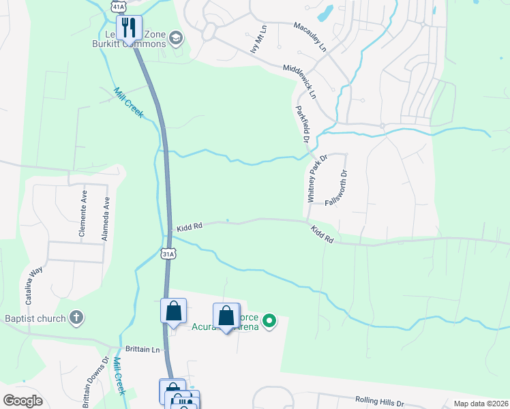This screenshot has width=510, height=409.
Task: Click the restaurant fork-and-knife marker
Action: pos(128,28)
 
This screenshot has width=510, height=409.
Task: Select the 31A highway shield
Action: pos(169,254)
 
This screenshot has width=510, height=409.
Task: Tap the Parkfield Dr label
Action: pos(302,123)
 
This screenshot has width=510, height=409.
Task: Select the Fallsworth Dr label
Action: pos(337,188)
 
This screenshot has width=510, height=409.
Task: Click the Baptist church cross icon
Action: pos(76,318)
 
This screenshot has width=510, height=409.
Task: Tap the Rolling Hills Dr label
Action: pos(380,402)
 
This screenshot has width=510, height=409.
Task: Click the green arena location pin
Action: pos(269,320)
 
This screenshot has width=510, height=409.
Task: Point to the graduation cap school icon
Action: pos(177,37)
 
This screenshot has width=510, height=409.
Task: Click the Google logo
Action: pos(22,401)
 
